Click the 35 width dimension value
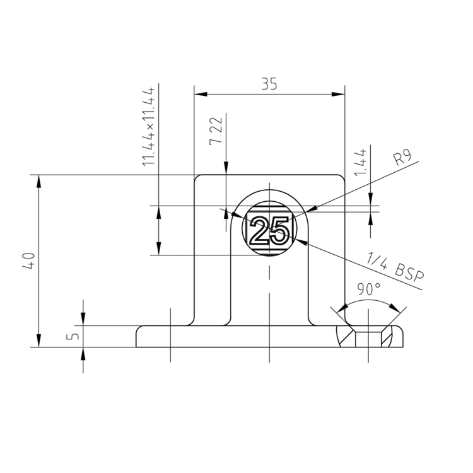coord(269,84)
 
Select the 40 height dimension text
coord(28,260)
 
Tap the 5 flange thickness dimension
coord(74,336)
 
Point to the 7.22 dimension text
coord(216,132)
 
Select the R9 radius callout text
coord(402,157)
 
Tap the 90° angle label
coord(369,289)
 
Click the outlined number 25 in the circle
coord(269,232)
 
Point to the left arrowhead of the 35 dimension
coord(201,95)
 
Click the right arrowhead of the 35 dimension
coord(339,95)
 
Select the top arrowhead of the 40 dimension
coord(39,181)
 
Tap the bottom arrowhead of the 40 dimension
coord(39,341)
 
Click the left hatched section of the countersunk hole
coord(346,337)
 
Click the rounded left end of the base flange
coord(139,336)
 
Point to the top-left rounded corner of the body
coord(197,178)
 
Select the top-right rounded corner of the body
coord(342,178)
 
